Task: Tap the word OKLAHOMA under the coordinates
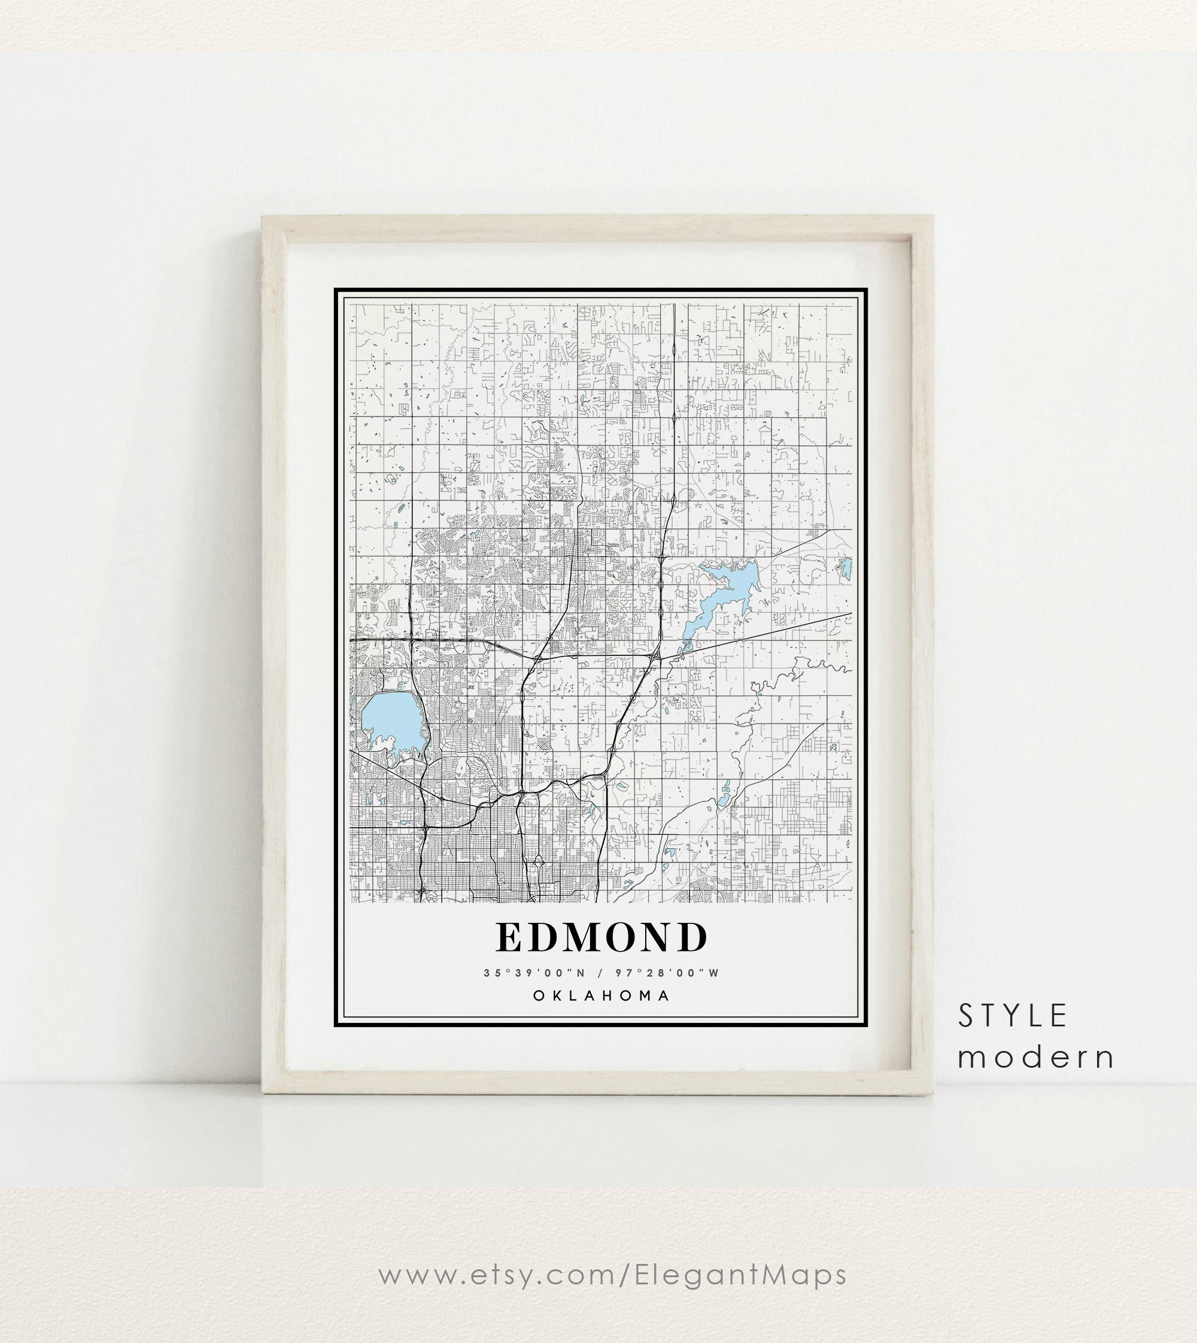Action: point(601,996)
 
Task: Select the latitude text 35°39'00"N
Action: point(534,973)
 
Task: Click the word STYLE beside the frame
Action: point(1012,1016)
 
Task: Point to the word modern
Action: point(1036,1058)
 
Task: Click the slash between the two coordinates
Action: point(600,973)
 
